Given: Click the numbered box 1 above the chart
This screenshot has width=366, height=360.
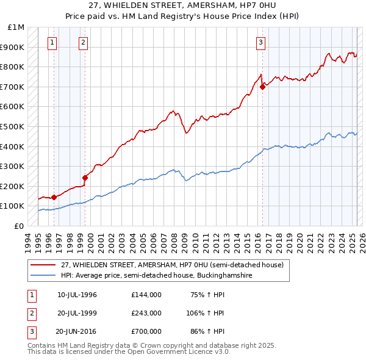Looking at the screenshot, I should (52, 42).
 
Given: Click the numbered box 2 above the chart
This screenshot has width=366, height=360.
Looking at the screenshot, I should (83, 42).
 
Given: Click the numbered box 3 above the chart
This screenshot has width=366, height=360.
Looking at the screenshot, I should (260, 42).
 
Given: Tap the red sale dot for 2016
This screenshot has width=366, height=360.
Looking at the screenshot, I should (262, 87).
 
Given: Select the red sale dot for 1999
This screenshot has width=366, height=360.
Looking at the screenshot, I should (85, 178).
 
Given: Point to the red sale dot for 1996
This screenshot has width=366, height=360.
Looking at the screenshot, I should (54, 197).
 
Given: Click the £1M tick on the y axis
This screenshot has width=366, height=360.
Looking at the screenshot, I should (16, 27).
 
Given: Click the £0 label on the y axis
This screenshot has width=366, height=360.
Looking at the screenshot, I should (18, 226).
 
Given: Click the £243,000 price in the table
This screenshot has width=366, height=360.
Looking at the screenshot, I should (146, 313).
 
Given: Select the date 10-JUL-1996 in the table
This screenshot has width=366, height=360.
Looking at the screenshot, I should (77, 295).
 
